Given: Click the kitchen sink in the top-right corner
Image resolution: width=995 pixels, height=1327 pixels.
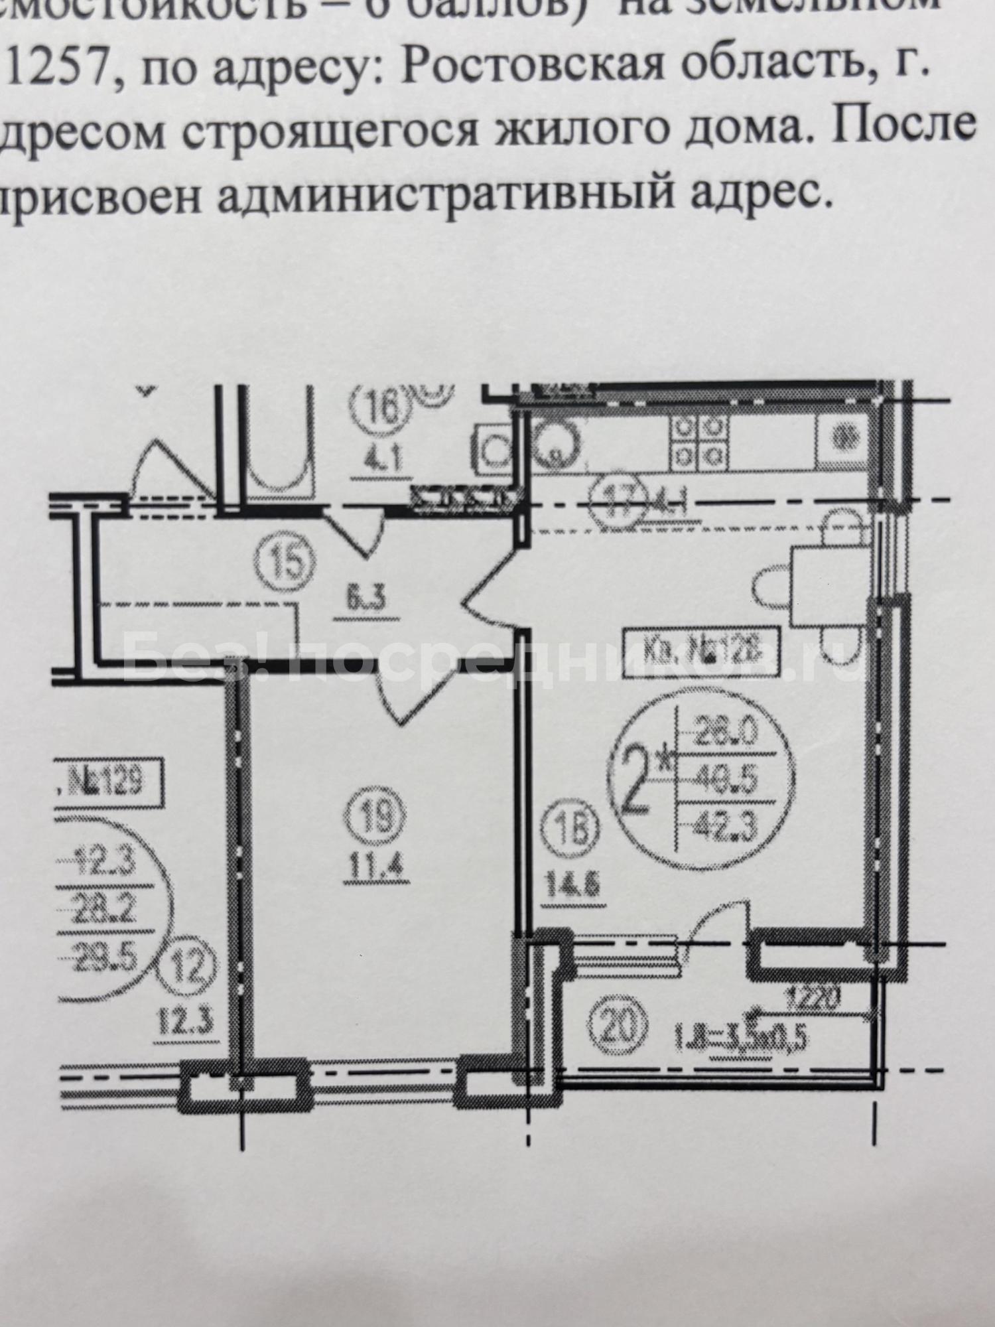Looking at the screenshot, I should (844, 438).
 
